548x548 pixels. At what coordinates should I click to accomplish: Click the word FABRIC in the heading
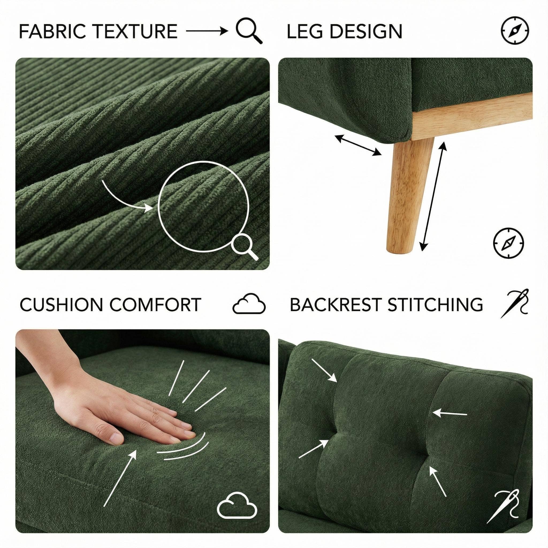point(50,31)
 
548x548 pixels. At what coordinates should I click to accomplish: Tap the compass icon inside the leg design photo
point(509,242)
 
